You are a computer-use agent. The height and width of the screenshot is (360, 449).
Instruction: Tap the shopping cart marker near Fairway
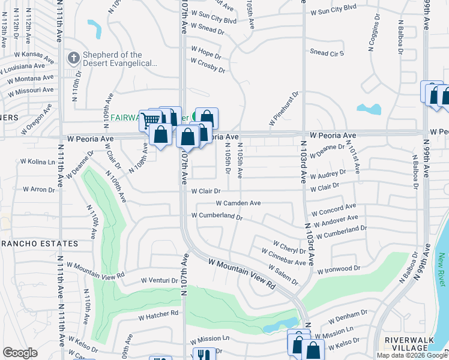149,120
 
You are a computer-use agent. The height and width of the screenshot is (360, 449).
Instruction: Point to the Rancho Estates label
39,244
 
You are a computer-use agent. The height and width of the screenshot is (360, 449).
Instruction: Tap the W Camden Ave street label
238,203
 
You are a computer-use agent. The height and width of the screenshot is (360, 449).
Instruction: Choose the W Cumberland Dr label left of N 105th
216,216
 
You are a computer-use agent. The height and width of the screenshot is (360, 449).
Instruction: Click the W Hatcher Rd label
158,314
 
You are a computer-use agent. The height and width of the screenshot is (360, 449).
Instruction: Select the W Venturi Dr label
160,280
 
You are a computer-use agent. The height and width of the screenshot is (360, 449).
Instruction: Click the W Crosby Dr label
208,65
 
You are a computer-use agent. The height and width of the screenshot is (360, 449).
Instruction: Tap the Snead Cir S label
327,53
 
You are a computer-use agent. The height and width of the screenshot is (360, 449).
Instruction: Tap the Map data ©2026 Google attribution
411,355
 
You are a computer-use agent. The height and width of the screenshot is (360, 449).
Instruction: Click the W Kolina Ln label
38,162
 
